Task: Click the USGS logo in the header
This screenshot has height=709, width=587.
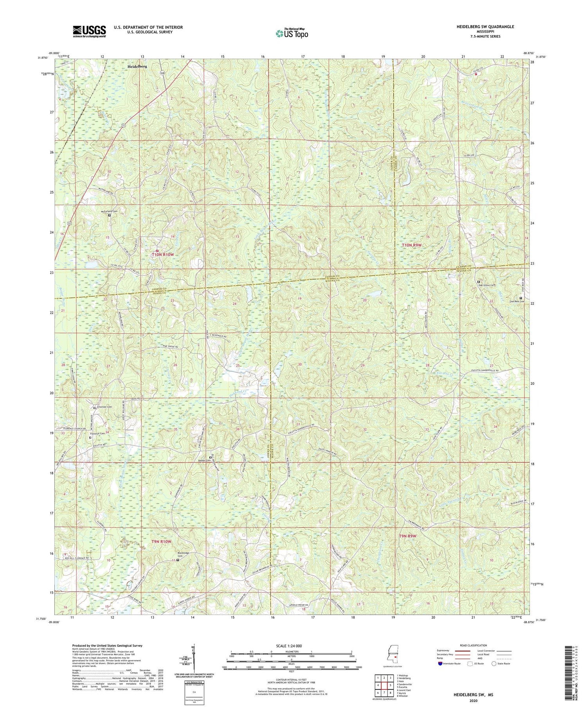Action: coord(89,31)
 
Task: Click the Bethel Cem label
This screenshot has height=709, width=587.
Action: coord(204,460)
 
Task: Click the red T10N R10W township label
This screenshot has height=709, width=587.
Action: coord(162,255)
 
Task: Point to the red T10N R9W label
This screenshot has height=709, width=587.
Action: coord(413,245)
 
